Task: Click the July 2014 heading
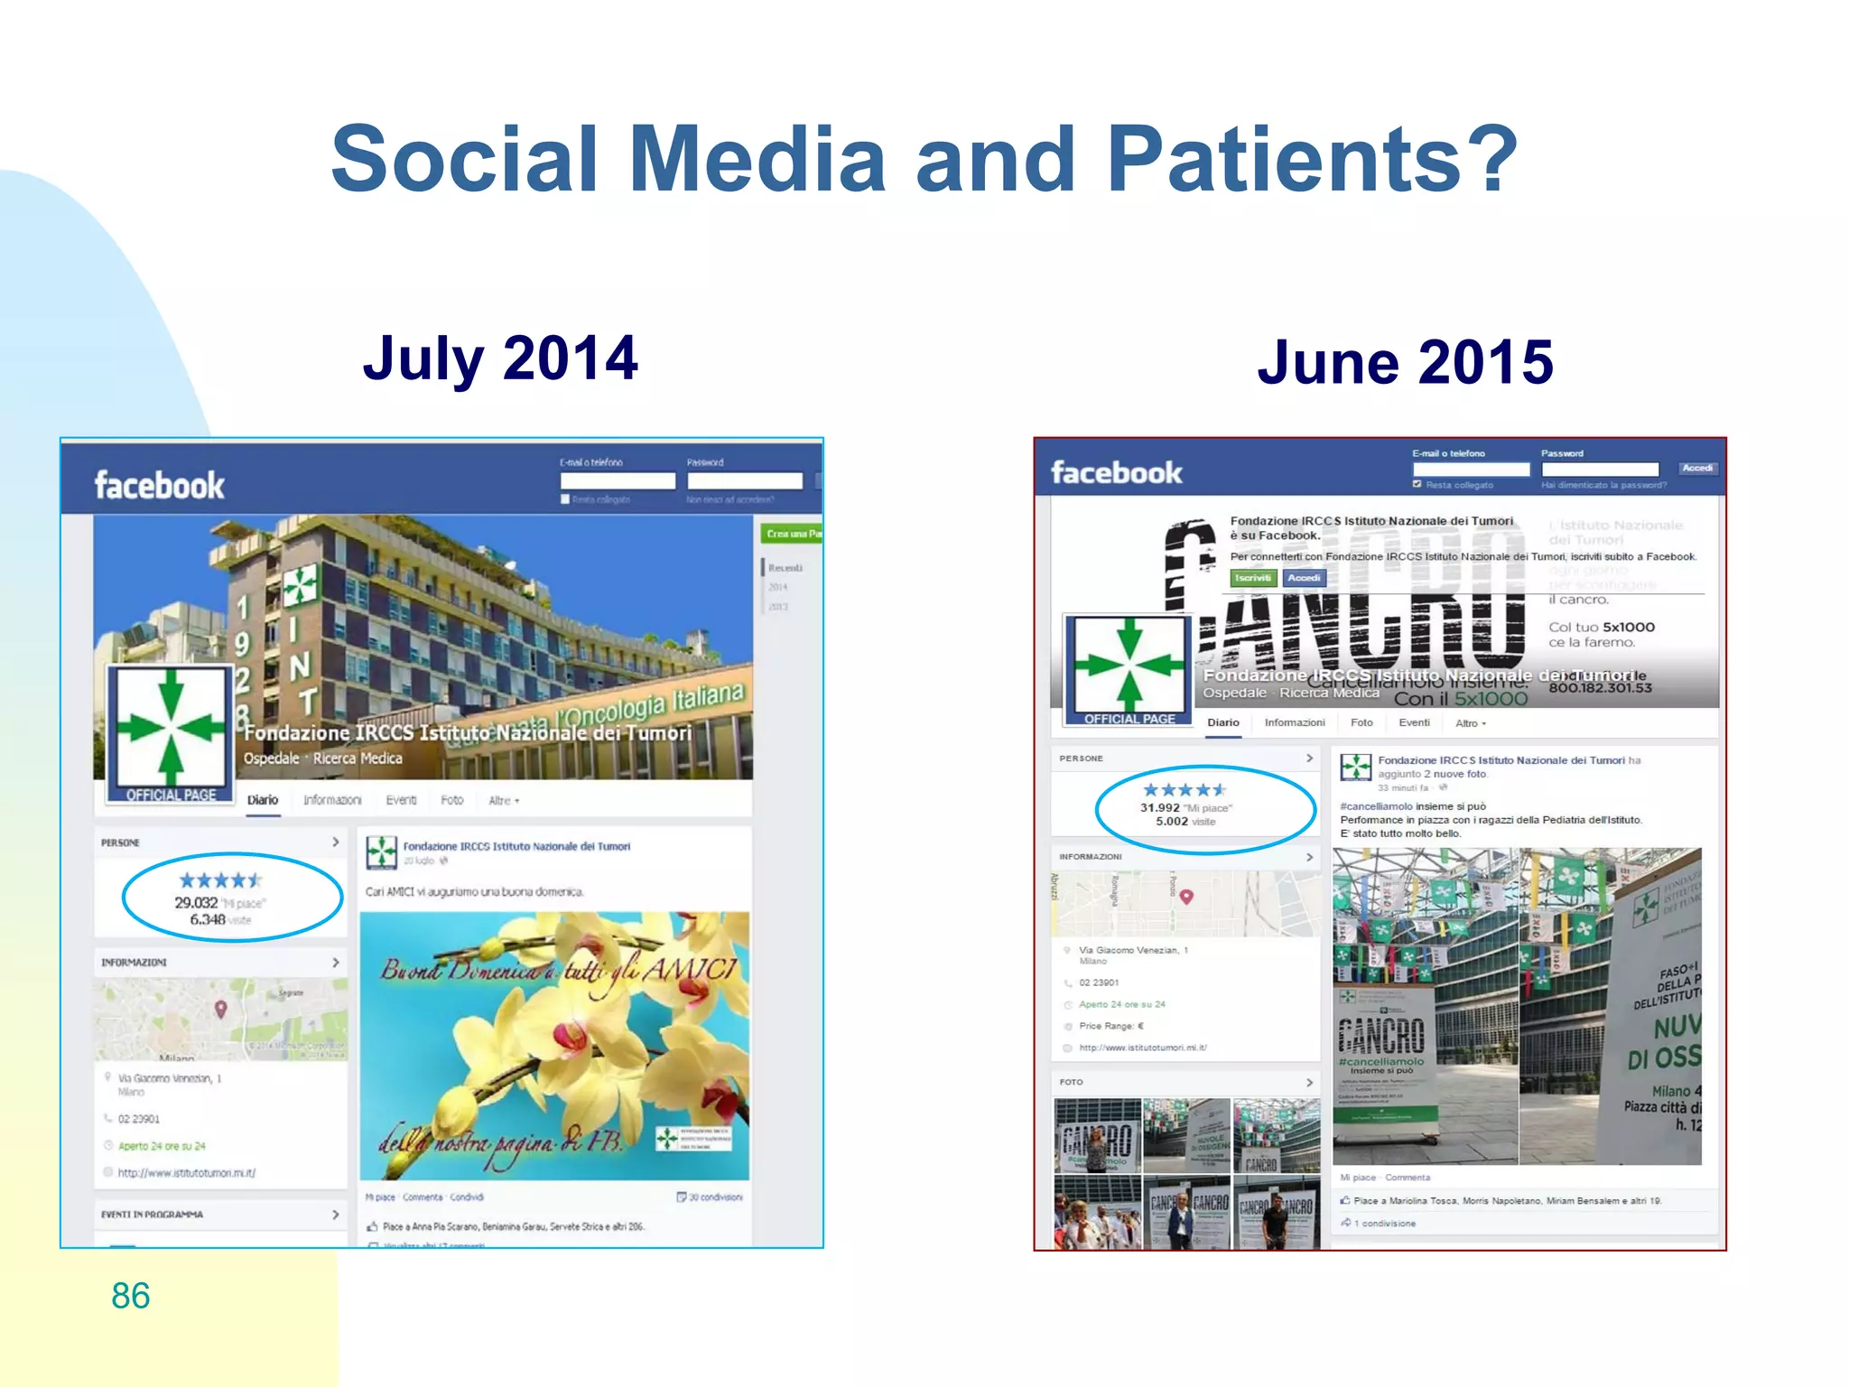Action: click(x=500, y=358)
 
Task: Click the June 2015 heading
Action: click(x=1405, y=362)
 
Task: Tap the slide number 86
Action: click(x=130, y=1296)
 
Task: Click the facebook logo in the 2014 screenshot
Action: click(x=159, y=486)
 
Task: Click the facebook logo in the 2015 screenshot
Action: click(x=1116, y=472)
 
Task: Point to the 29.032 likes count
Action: click(x=196, y=903)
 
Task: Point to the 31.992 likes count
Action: click(x=1159, y=808)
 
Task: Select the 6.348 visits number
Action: click(x=207, y=919)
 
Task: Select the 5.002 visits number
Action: click(x=1171, y=822)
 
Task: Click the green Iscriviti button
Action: click(x=1253, y=578)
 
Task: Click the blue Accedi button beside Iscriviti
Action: click(x=1304, y=578)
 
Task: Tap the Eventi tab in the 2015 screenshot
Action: click(x=1414, y=722)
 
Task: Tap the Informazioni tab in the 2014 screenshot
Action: click(x=331, y=800)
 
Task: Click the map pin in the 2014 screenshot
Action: click(x=220, y=1009)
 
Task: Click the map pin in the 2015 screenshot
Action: click(x=1186, y=896)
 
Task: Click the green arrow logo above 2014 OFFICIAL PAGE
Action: click(x=171, y=727)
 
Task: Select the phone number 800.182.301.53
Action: click(x=1600, y=688)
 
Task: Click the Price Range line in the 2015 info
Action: click(x=1110, y=1026)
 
